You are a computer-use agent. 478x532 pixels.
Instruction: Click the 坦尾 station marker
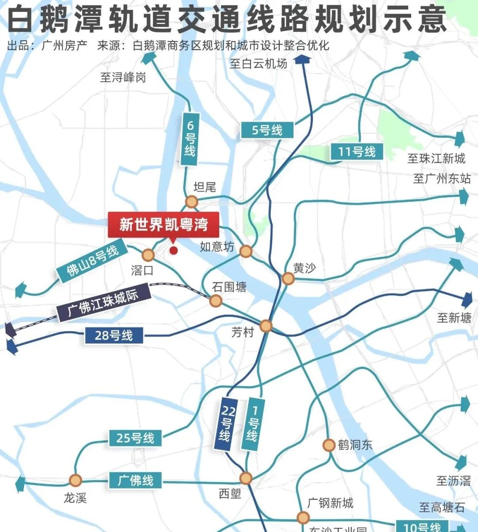(191, 202)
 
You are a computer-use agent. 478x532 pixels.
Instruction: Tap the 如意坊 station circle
(246, 252)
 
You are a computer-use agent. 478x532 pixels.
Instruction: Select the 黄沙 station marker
(288, 278)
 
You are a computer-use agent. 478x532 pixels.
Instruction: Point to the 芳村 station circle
(266, 326)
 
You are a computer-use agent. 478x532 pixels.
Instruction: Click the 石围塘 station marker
(216, 301)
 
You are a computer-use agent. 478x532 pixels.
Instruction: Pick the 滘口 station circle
(148, 255)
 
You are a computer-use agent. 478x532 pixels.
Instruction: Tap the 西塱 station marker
(246, 478)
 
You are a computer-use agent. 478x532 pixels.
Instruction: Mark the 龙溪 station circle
(75, 480)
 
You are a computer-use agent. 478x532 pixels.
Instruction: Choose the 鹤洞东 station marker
(328, 445)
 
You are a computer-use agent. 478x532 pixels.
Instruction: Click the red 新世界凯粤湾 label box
(164, 224)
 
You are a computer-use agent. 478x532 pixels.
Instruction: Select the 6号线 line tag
(189, 139)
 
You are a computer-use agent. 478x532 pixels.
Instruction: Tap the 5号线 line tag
(267, 130)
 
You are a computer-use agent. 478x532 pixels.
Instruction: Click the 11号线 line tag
(356, 152)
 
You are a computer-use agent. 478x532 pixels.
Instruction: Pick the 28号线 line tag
(114, 335)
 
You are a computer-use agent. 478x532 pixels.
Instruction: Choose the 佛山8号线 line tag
(93, 261)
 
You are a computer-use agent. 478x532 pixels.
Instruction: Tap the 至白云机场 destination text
(258, 63)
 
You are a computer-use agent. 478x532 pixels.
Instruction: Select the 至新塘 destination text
(454, 317)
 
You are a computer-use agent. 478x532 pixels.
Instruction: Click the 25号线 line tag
(135, 438)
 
